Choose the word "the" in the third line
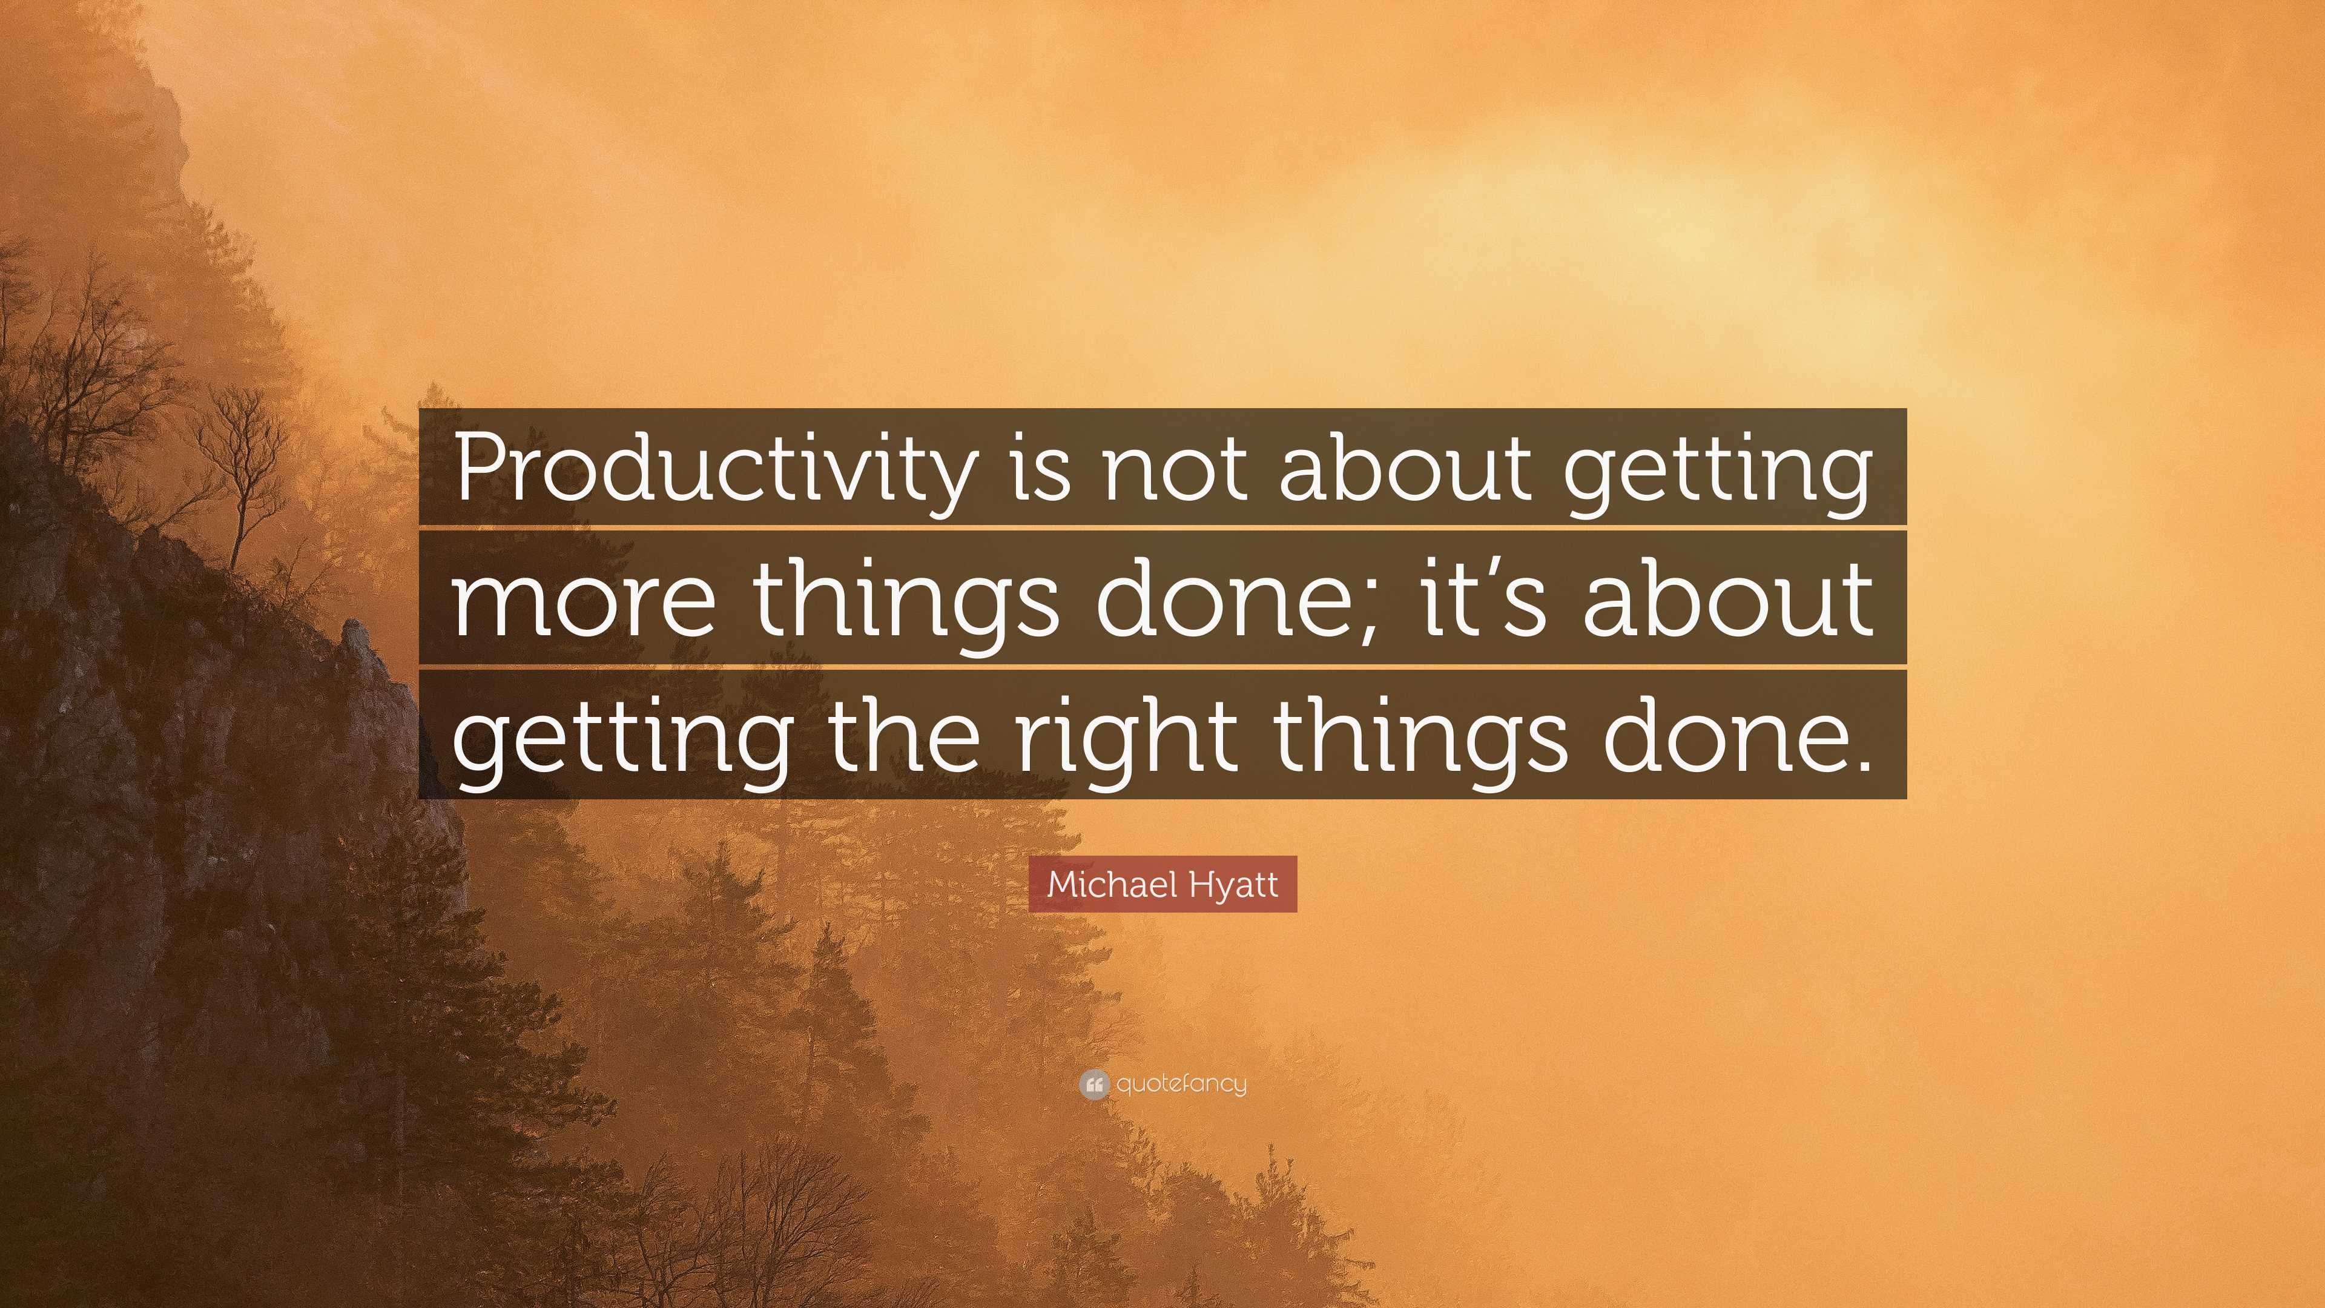pyautogui.click(x=903, y=733)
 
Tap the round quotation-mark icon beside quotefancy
pyautogui.click(x=1093, y=1084)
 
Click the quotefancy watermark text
pyautogui.click(x=1181, y=1084)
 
